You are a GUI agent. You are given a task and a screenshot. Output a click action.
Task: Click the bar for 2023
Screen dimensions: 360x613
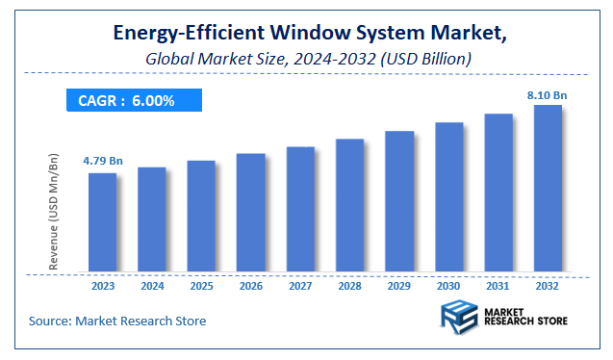[x=102, y=222]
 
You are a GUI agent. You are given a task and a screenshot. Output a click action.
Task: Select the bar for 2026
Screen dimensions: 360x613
[x=250, y=213]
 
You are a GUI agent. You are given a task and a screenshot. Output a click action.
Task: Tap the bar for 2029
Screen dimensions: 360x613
[x=399, y=201]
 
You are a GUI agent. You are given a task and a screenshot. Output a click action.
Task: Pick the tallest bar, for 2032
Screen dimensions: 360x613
[x=548, y=189]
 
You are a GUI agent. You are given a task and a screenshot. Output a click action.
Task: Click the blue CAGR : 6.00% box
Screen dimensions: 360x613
[x=134, y=101]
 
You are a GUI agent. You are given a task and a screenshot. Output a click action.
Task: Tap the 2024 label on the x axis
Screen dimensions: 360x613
[x=151, y=287]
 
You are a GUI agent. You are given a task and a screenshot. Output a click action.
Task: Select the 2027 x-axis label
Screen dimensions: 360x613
[x=300, y=287]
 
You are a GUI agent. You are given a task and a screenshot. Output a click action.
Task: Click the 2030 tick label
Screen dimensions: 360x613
[x=448, y=287]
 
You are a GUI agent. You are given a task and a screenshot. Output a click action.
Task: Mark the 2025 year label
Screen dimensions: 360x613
[x=201, y=287]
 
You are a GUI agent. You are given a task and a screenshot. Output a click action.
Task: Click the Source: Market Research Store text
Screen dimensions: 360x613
[x=117, y=321]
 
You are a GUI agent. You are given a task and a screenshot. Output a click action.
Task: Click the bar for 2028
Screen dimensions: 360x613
[x=349, y=206]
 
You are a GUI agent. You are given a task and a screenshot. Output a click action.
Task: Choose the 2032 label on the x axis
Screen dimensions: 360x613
[x=548, y=287]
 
